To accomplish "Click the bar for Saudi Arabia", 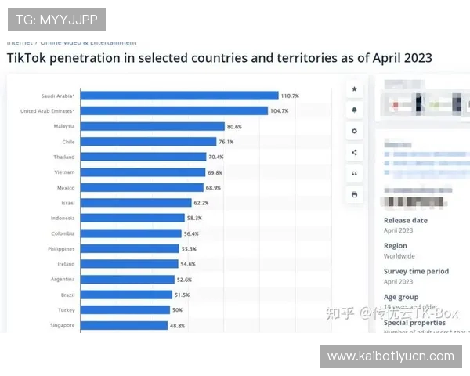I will coord(180,96).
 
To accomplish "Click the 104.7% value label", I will coord(280,111).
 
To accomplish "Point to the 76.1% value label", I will coord(226,142).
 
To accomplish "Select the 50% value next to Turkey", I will coord(177,310).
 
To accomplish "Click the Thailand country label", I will coord(64,157).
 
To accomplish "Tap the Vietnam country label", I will coord(64,172).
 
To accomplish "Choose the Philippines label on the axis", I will coord(60,248).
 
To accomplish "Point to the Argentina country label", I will coord(62,279).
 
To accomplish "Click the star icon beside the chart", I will coord(355,90).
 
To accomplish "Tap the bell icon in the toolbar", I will coord(355,110).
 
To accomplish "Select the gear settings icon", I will coord(355,131).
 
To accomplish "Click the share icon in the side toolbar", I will coord(355,152).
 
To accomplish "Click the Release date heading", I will coord(406,220).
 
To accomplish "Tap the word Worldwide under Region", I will coord(399,256).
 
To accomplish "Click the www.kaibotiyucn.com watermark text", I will coord(391,356).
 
